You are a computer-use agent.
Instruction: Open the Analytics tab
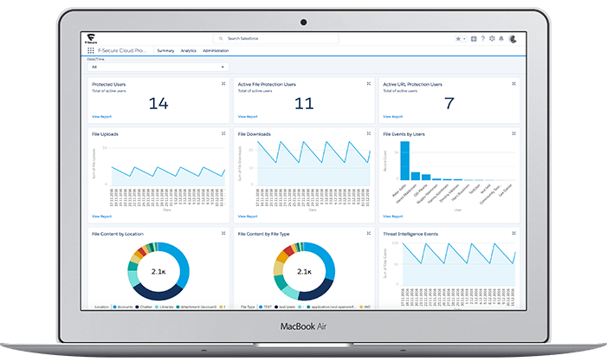coord(188,51)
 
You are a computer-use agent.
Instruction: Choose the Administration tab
coord(216,51)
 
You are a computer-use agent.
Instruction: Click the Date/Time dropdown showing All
coord(158,67)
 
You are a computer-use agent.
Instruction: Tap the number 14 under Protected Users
coord(158,103)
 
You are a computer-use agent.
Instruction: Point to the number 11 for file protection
coord(304,103)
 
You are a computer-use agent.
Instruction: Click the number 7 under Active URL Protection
coord(449,103)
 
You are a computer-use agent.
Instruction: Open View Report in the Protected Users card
coord(101,116)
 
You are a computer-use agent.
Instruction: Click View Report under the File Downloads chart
coord(247,216)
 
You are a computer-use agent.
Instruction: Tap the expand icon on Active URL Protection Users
coord(514,84)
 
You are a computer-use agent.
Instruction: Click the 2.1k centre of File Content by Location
coord(158,271)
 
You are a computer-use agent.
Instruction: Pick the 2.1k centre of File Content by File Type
coord(304,271)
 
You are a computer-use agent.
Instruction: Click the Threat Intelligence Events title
coord(412,233)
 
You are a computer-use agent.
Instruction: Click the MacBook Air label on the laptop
coord(304,328)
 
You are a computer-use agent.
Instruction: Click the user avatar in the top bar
coord(513,39)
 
